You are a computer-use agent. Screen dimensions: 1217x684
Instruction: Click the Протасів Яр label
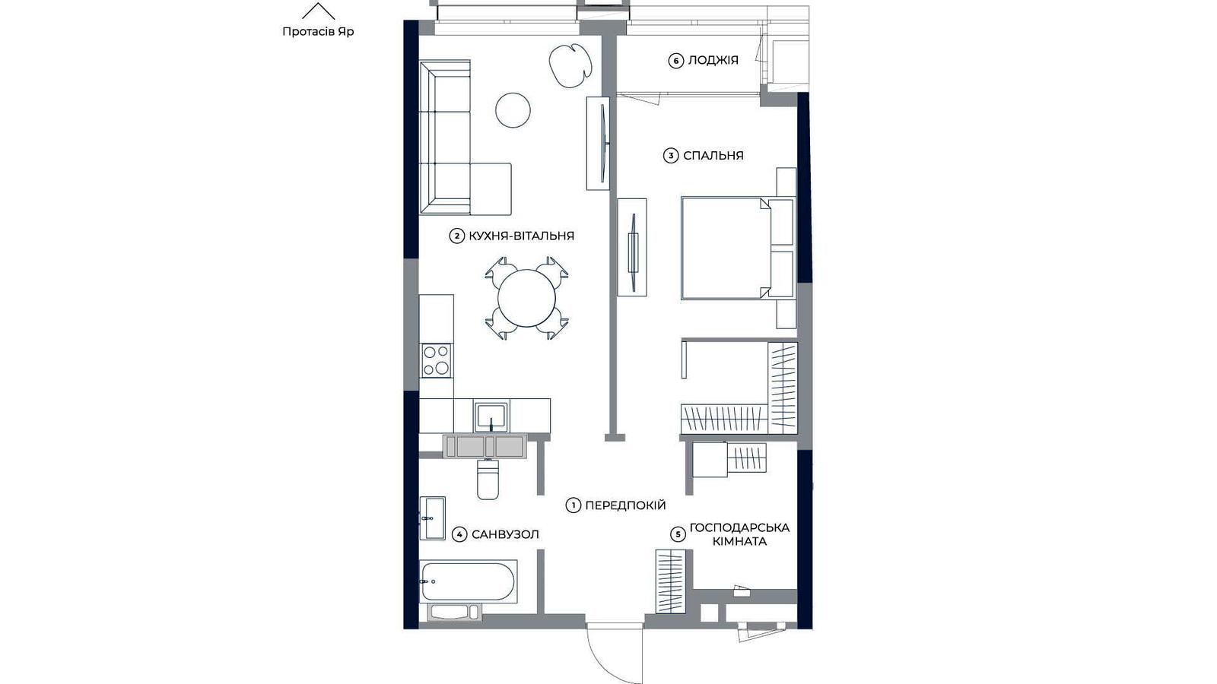coord(318,31)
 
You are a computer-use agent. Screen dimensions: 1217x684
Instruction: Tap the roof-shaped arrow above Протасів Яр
coord(319,11)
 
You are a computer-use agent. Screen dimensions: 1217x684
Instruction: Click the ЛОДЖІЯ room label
coord(713,60)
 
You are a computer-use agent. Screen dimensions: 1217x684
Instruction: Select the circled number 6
coord(675,61)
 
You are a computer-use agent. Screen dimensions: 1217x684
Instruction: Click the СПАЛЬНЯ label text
coord(713,156)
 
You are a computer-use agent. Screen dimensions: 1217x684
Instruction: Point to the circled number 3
coord(671,157)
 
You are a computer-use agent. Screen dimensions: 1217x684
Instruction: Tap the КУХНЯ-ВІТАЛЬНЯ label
coord(522,236)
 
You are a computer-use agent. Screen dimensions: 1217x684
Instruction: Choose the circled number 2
coord(457,236)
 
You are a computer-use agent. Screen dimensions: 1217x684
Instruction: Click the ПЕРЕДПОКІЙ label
coord(625,505)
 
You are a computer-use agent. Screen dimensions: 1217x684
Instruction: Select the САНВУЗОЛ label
coord(505,535)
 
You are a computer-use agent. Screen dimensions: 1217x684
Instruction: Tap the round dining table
coord(526,298)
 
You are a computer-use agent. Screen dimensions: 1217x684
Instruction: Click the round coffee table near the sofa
coord(513,110)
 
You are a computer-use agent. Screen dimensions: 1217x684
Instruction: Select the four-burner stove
coord(437,361)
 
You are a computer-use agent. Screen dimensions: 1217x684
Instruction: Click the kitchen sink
coord(491,417)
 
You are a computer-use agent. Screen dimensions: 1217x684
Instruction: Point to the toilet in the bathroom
coord(488,479)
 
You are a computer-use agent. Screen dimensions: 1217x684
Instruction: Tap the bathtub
coord(468,581)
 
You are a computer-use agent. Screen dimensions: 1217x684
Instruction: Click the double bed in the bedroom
coord(737,248)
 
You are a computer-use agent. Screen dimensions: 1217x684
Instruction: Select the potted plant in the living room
coord(570,65)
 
